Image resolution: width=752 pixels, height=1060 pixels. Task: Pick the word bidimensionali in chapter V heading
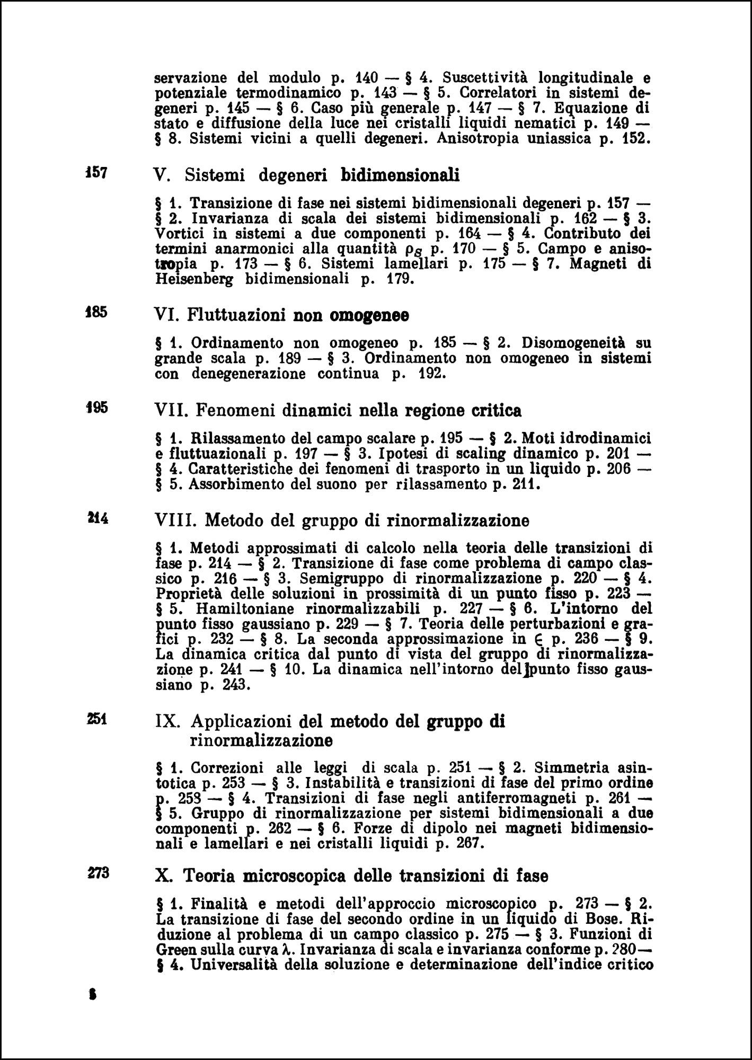click(400, 174)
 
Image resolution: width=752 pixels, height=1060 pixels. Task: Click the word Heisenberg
click(194, 279)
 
